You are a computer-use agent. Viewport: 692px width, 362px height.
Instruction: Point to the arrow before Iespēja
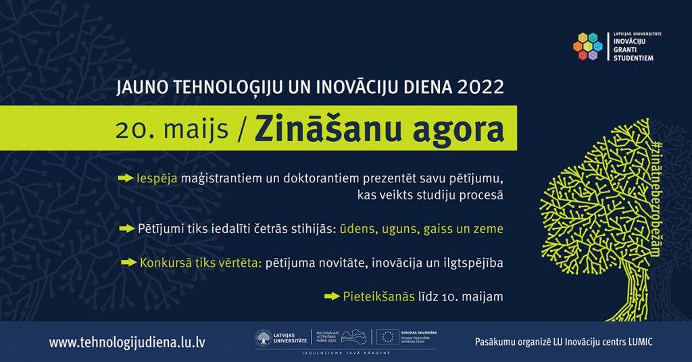pos(125,178)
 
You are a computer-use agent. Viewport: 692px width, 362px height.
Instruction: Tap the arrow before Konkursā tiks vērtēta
pos(128,261)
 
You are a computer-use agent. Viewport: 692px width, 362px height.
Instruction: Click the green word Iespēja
pos(157,178)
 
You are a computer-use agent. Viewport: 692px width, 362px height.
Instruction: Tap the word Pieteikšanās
pos(378,296)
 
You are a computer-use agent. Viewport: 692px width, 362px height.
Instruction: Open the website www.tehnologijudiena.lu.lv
pos(127,342)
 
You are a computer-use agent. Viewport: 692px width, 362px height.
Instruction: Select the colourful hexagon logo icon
pos(587,47)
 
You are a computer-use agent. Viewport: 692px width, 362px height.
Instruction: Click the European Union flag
pos(387,337)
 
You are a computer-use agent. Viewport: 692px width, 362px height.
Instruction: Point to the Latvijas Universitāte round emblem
pos(264,338)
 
